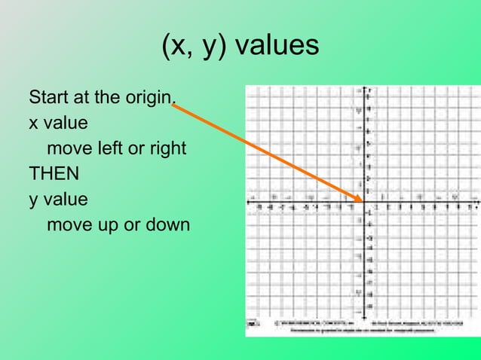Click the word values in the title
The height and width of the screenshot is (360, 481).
[277, 47]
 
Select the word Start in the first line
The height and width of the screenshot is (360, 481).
[45, 98]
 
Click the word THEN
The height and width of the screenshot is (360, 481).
[54, 174]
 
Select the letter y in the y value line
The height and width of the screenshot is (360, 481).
[33, 200]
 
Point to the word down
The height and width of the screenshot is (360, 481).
[168, 225]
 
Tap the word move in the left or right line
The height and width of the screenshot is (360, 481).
[67, 148]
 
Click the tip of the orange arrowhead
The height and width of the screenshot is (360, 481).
[364, 201]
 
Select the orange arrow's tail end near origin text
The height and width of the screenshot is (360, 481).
[173, 106]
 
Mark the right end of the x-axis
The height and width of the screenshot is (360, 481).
[478, 202]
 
